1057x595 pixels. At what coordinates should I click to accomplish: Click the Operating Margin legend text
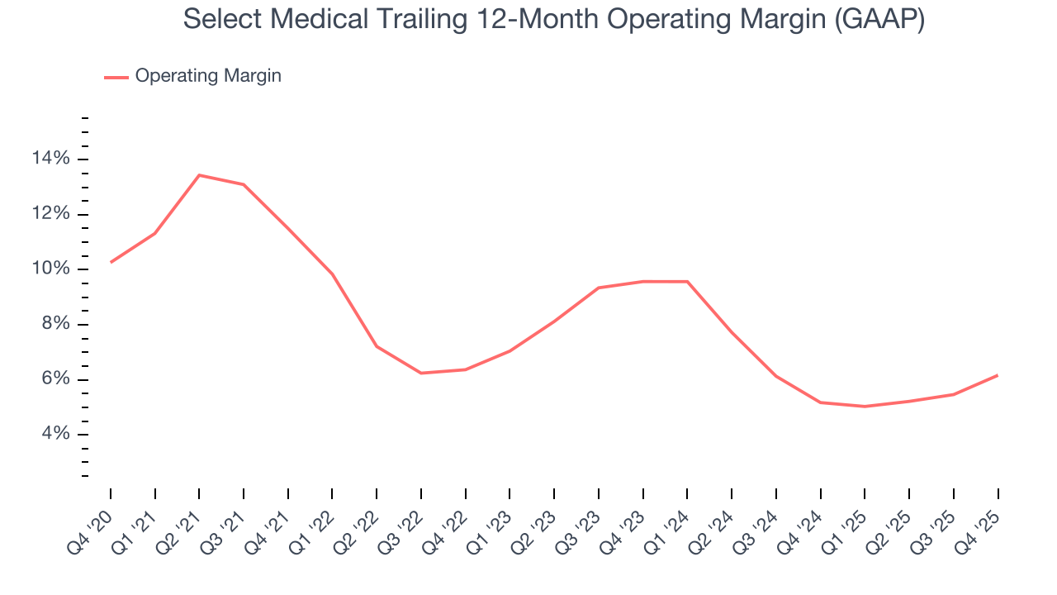tap(208, 76)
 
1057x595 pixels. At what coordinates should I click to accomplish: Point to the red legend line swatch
tap(116, 77)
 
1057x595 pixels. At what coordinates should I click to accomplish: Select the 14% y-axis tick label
tap(51, 159)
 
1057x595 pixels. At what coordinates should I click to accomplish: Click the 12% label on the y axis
tap(51, 214)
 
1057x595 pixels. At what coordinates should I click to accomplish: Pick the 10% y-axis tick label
tap(51, 269)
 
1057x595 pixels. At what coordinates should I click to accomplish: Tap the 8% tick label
tap(56, 325)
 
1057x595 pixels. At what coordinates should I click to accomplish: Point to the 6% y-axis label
tap(56, 380)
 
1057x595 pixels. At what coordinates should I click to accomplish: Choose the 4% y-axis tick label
tap(56, 435)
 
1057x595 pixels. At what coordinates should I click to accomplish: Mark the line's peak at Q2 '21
tap(199, 175)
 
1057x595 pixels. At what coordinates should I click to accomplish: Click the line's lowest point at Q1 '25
tap(865, 407)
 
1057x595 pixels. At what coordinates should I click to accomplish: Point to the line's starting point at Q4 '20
tap(111, 262)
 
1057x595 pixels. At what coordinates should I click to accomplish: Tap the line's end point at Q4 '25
tap(998, 375)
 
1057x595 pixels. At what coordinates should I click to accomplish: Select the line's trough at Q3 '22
tap(421, 373)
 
